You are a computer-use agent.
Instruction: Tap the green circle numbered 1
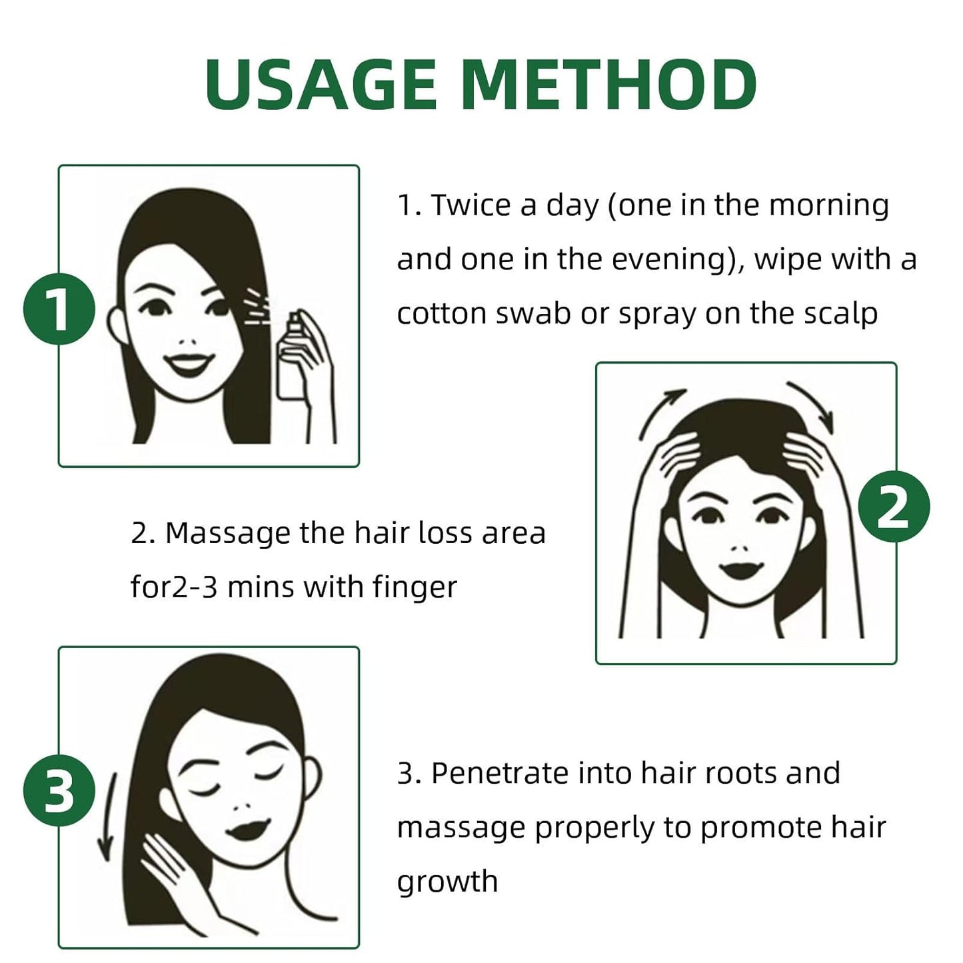pyautogui.click(x=59, y=309)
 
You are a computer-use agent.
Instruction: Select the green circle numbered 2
pyautogui.click(x=893, y=506)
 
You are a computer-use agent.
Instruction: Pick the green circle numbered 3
pyautogui.click(x=59, y=792)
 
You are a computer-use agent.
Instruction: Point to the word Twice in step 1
pyautogui.click(x=471, y=205)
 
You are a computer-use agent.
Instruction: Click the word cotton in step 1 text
pyautogui.click(x=442, y=313)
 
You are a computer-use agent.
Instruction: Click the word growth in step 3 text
pyautogui.click(x=447, y=882)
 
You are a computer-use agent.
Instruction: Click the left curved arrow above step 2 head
pyautogui.click(x=661, y=413)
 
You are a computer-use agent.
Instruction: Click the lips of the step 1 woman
pyautogui.click(x=188, y=365)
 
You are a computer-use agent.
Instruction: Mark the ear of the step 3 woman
pyautogui.click(x=313, y=778)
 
